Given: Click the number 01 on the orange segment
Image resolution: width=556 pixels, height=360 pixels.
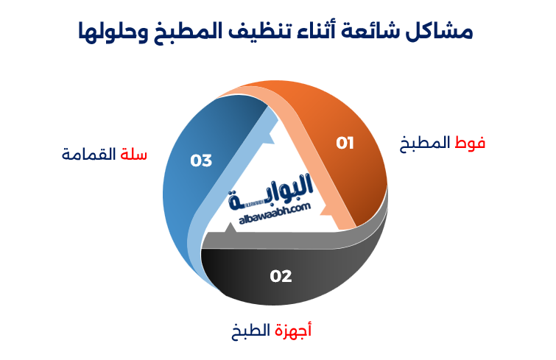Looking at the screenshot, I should tap(345, 143).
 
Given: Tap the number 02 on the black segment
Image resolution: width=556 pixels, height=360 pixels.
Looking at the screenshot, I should tap(281, 276).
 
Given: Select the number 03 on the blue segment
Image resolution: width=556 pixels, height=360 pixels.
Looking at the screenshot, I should tap(201, 160).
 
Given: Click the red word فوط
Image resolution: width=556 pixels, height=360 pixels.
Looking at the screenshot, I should tap(471, 143).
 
